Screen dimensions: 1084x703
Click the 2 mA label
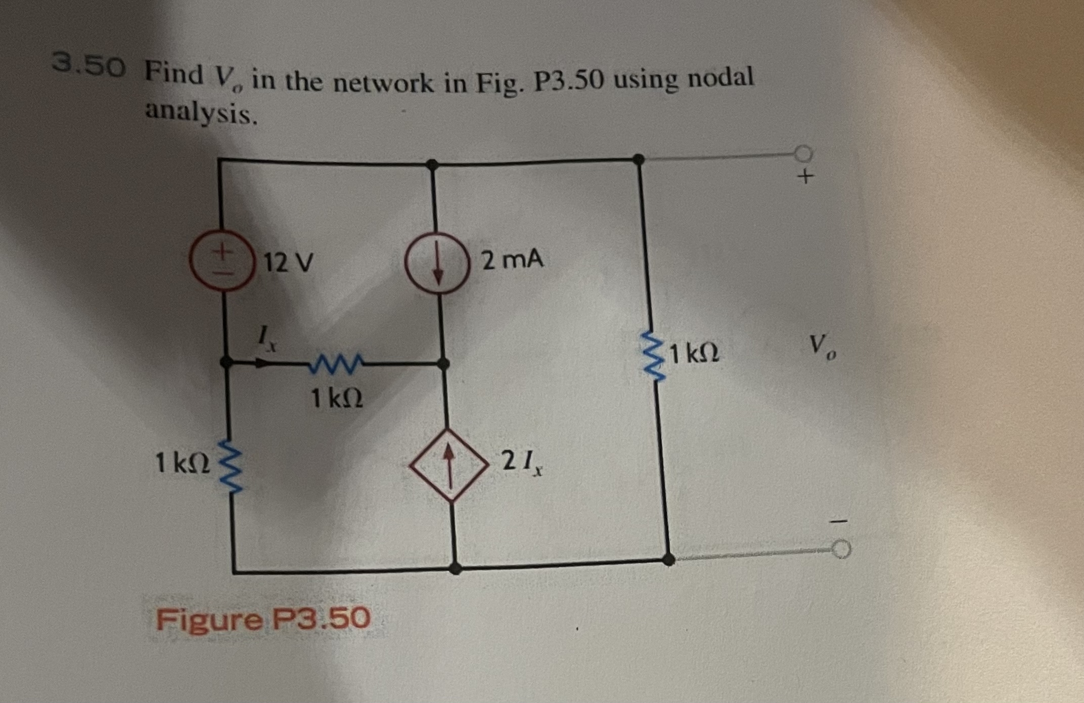[x=512, y=260]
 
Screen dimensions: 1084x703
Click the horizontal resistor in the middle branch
[x=336, y=363]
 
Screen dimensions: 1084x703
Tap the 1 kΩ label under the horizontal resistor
[x=337, y=399]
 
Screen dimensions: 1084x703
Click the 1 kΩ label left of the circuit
[x=182, y=463]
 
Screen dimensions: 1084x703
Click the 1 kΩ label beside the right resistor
[x=695, y=353]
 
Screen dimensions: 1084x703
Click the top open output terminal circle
[x=804, y=153]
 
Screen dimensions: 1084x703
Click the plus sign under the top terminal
[x=806, y=177]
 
